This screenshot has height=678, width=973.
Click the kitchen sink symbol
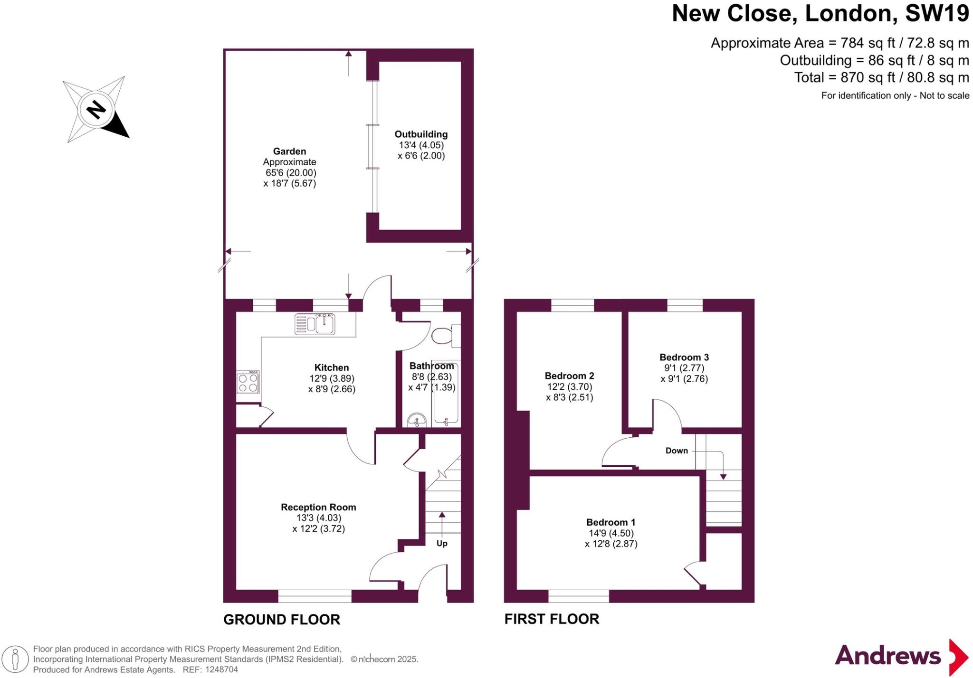(x=315, y=324)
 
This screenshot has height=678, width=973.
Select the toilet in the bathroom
(x=445, y=335)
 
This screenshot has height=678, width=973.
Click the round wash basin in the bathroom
(x=417, y=420)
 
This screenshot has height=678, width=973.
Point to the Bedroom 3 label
(x=684, y=358)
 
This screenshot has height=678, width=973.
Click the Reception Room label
(x=318, y=507)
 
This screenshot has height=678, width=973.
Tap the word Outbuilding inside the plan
(x=421, y=134)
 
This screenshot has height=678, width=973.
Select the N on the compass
(x=96, y=110)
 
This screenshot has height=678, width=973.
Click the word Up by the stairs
(x=442, y=543)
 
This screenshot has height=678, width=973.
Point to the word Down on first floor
(x=677, y=451)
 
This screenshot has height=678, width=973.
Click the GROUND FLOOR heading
(x=282, y=620)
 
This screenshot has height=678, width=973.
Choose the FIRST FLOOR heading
(x=552, y=619)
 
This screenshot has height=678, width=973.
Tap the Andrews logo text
(x=887, y=656)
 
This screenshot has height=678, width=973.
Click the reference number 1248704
(x=220, y=670)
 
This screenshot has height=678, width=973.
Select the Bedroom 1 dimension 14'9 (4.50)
(x=611, y=533)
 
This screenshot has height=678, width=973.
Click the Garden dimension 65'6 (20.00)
(x=290, y=173)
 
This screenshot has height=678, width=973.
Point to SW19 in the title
(x=936, y=13)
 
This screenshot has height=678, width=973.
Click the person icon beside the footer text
(x=15, y=659)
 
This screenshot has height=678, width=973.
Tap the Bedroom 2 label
(x=569, y=376)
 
